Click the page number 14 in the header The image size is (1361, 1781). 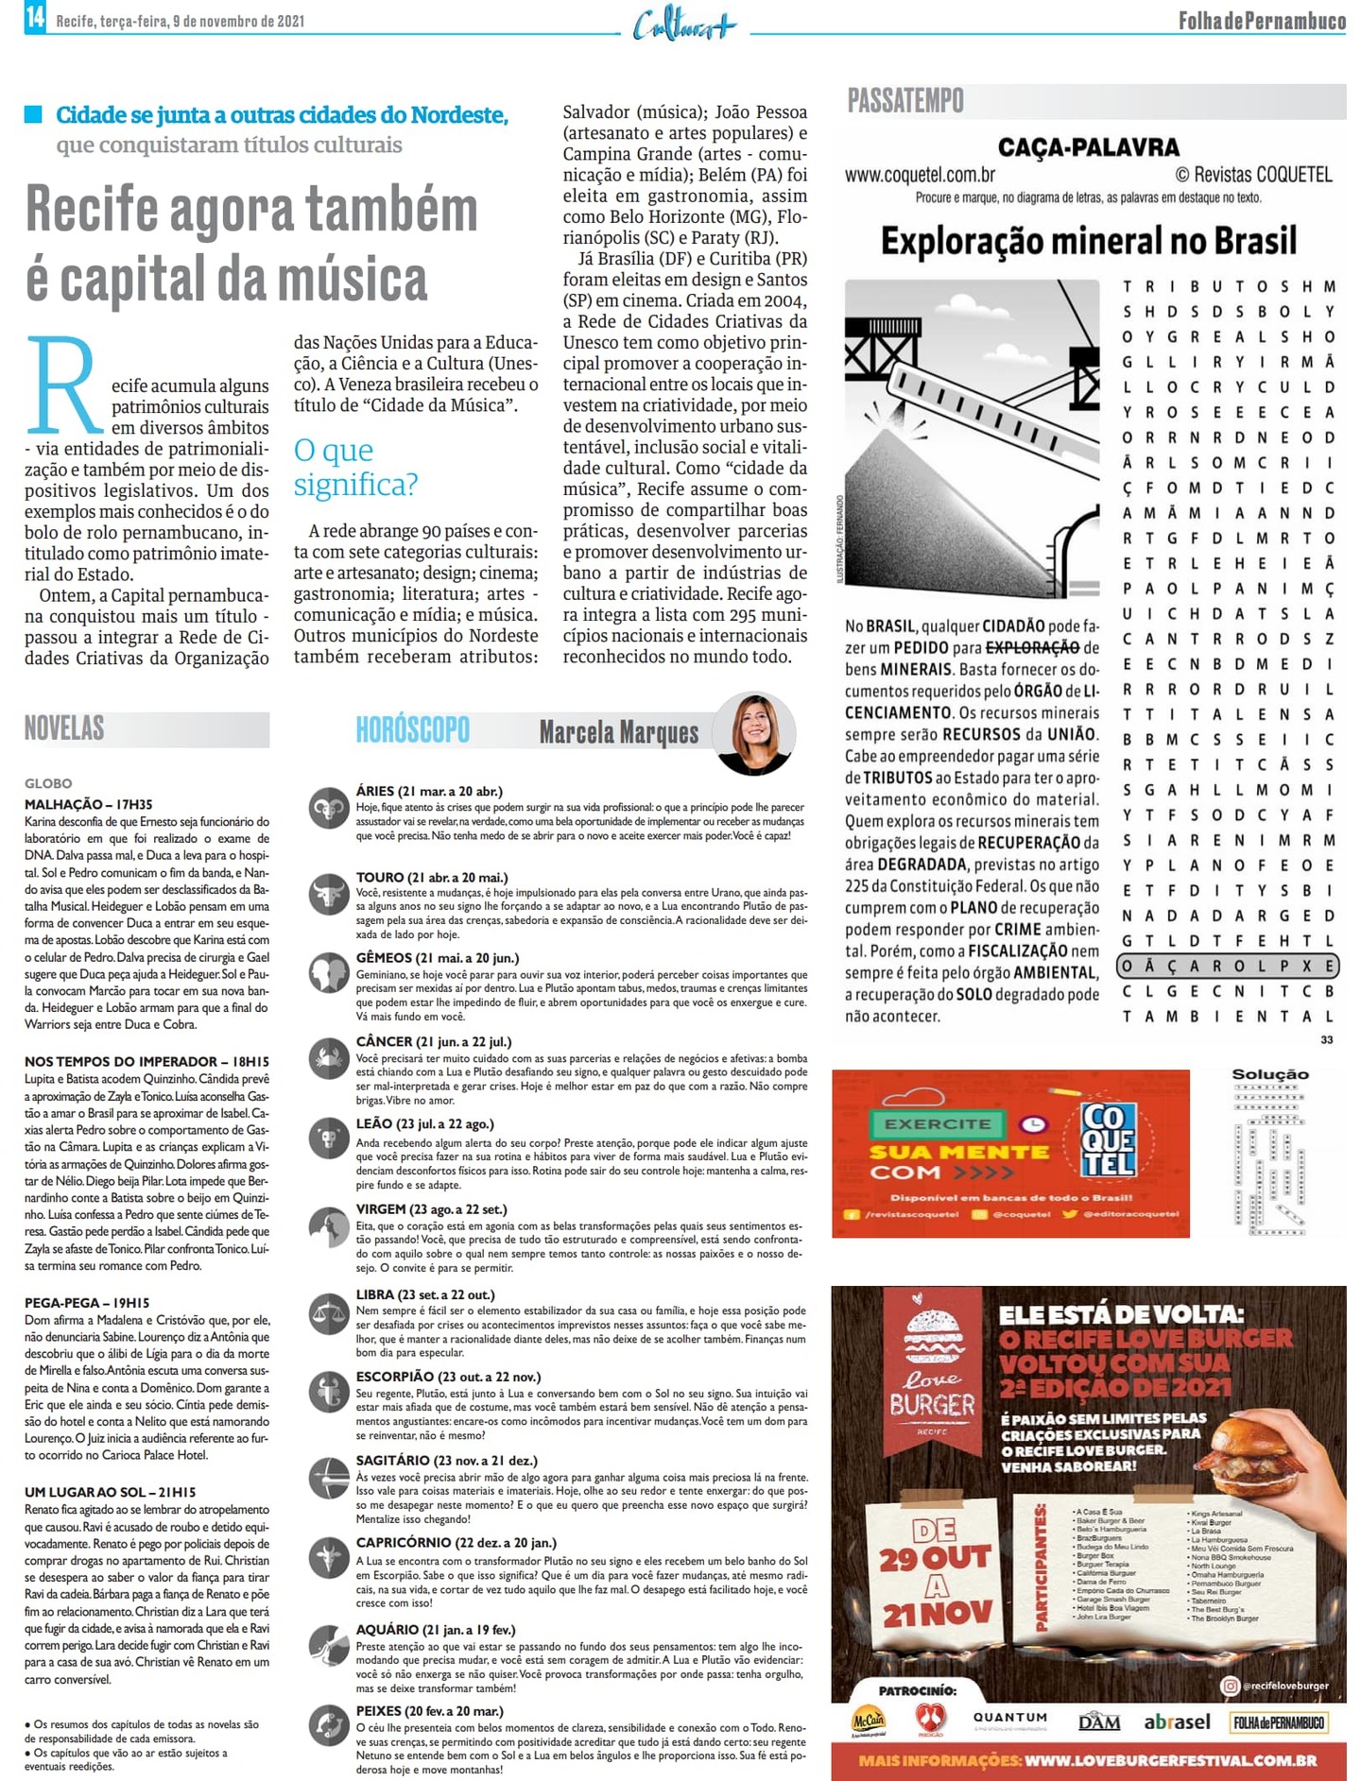click(35, 17)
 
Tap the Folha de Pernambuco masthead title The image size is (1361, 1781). click(1261, 20)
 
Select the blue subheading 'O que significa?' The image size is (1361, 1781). click(355, 467)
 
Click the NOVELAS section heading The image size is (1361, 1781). click(64, 728)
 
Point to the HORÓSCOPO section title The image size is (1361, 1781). click(412, 730)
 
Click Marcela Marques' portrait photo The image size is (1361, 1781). click(754, 734)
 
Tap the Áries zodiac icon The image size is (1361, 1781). click(328, 808)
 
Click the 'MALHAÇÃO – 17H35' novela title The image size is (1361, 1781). click(88, 804)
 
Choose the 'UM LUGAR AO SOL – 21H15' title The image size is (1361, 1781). click(110, 1492)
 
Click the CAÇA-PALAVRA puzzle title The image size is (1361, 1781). click(1088, 147)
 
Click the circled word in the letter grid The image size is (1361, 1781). click(1228, 966)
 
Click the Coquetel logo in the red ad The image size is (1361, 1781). click(1108, 1139)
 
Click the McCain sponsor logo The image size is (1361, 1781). click(868, 1721)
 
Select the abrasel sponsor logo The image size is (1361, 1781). click(1177, 1721)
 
